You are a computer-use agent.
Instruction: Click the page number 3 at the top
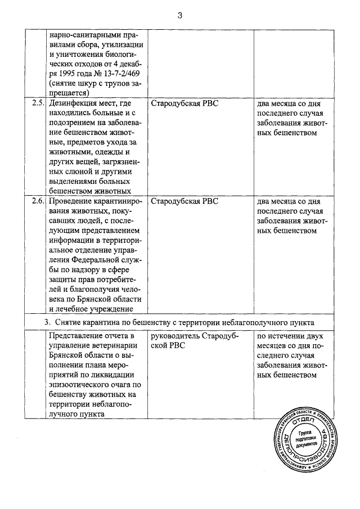pos(180,15)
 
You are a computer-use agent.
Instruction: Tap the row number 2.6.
pos(38,201)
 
